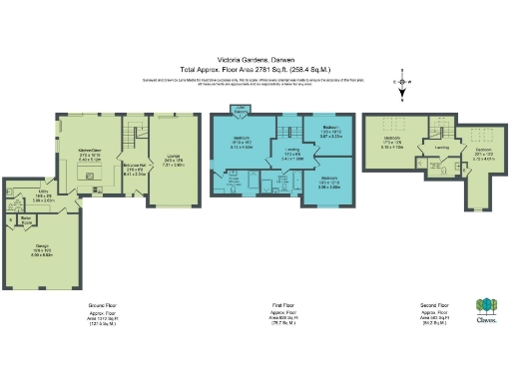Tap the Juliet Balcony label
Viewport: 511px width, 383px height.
241,112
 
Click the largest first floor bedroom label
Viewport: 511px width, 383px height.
242,142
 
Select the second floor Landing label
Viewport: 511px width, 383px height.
441,148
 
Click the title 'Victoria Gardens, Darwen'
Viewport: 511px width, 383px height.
255,58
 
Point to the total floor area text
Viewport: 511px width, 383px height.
255,68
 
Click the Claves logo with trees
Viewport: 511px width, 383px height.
486,310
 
